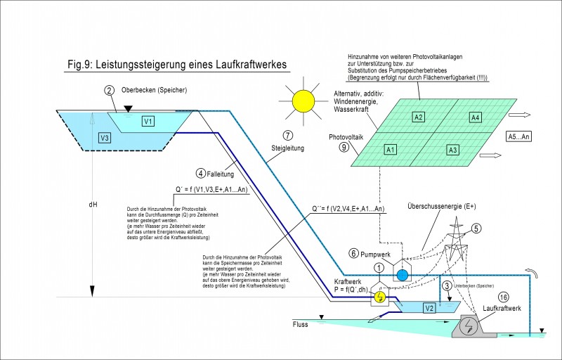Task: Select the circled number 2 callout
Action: coord(109,90)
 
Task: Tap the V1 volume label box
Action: coord(148,121)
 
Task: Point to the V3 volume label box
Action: coord(105,136)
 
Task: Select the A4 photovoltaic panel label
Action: coord(475,117)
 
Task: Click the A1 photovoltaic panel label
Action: coord(390,150)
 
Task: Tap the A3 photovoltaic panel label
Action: coord(453,150)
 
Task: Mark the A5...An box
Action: coord(520,137)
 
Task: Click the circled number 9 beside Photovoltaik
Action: coord(344,147)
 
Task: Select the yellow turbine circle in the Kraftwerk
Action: coord(379,297)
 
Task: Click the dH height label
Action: coord(93,205)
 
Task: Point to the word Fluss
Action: coord(281,324)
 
